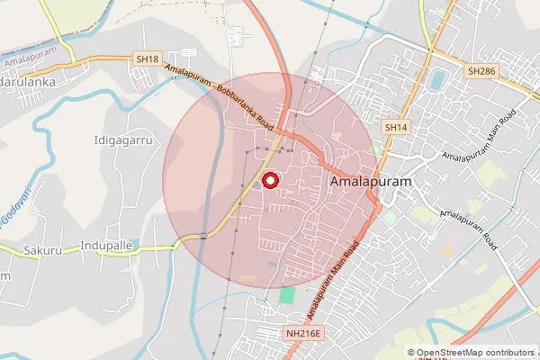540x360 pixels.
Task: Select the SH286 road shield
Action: (x=481, y=69)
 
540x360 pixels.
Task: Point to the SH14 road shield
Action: (x=396, y=128)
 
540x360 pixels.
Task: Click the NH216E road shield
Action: (x=303, y=334)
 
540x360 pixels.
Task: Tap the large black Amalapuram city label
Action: (x=371, y=182)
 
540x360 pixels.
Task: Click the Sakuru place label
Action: (x=42, y=250)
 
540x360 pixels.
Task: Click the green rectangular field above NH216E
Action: (x=287, y=295)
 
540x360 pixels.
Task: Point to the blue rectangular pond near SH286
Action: (x=437, y=79)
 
